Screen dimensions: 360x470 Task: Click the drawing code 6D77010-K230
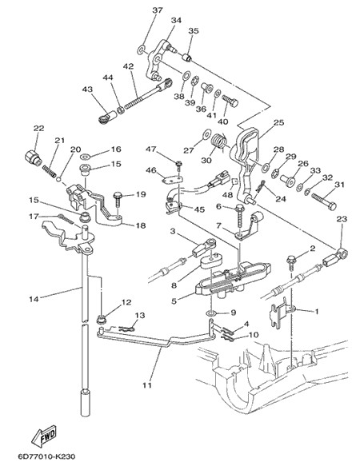pos(46,457)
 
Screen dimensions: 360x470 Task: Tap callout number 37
pos(157,10)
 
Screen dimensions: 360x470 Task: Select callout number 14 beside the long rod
pos(34,299)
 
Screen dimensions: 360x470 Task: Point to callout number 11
pos(147,385)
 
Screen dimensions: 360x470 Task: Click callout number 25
pos(278,122)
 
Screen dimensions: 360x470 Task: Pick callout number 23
pos(342,219)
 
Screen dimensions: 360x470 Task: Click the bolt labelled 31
pos(324,201)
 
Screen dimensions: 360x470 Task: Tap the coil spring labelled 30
pos(220,141)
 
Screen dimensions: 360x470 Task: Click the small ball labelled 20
pos(59,180)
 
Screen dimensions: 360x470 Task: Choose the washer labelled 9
pos(213,313)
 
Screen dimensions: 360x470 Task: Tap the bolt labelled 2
pos(291,261)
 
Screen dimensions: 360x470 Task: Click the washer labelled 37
pos(142,50)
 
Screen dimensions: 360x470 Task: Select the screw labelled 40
pos(230,101)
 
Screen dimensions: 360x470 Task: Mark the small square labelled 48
pos(235,181)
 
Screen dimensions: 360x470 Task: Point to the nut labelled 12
pos(101,319)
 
